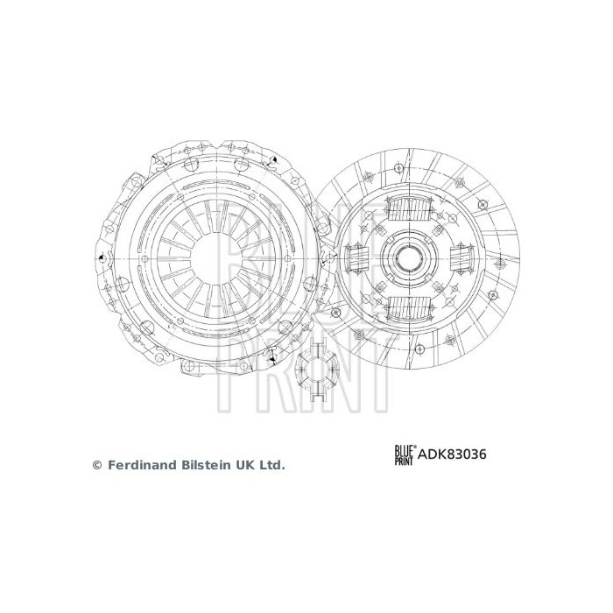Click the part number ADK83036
pos(452,454)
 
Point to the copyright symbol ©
pos(97,466)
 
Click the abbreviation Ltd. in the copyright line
pos(271,466)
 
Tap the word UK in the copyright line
pos(247,466)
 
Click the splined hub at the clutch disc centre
pos(408,258)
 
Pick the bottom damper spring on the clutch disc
pos(408,307)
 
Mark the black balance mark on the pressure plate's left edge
pos(102,259)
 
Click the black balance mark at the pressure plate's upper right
pos(273,159)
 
